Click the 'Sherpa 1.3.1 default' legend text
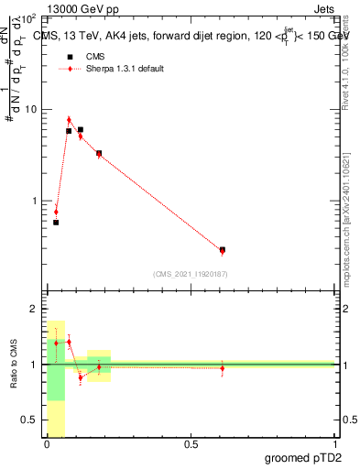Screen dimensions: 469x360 click(x=126, y=69)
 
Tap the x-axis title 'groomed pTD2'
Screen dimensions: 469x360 click(x=303, y=457)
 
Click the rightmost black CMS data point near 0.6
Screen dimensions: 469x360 click(x=223, y=249)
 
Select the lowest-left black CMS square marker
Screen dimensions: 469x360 click(x=56, y=223)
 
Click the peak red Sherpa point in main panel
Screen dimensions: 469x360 click(x=69, y=119)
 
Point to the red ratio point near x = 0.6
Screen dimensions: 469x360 click(x=223, y=368)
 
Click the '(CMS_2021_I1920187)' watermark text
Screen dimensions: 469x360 click(x=191, y=273)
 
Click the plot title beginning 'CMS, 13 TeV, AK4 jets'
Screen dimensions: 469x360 click(x=191, y=35)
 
